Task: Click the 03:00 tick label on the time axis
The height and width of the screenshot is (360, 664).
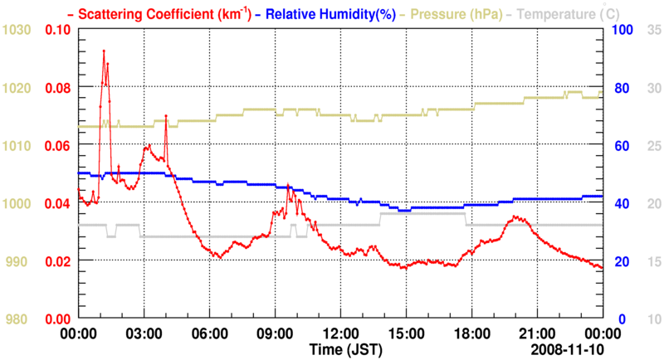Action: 144,333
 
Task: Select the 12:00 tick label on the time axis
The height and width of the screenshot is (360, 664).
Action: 340,333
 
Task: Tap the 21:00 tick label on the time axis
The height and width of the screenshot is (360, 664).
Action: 537,333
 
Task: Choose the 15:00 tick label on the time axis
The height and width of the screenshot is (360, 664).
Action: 406,333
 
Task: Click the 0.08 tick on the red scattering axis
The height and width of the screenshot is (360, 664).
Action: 58,88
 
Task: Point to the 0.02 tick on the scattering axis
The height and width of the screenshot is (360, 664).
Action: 58,261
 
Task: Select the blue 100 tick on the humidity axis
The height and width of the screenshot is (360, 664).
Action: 623,30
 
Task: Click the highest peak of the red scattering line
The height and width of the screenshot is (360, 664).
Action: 104,51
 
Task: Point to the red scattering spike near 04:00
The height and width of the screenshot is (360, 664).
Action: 166,116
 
